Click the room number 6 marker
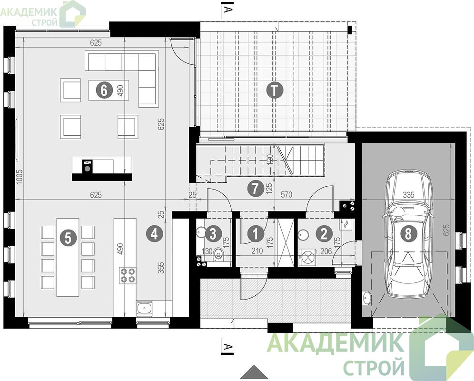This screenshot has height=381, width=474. tap(104, 90)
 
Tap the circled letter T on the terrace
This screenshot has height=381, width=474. tap(274, 90)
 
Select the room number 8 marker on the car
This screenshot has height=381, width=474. tap(408, 234)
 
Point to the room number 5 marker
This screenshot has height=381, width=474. tap(69, 238)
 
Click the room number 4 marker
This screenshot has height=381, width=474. tap(155, 234)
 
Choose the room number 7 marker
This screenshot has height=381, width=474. tap(255, 189)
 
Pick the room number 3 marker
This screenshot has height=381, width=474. tap(213, 234)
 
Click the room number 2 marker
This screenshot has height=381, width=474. tap(324, 234)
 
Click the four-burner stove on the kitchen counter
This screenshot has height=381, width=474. tap(128, 275)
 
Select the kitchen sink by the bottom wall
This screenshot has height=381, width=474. tap(145, 308)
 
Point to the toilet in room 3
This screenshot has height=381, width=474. tap(217, 254)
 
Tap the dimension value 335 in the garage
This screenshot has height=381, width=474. tap(408, 195)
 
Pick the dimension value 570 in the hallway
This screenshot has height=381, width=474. tap(286, 195)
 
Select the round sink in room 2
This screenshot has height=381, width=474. tap(303, 234)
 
